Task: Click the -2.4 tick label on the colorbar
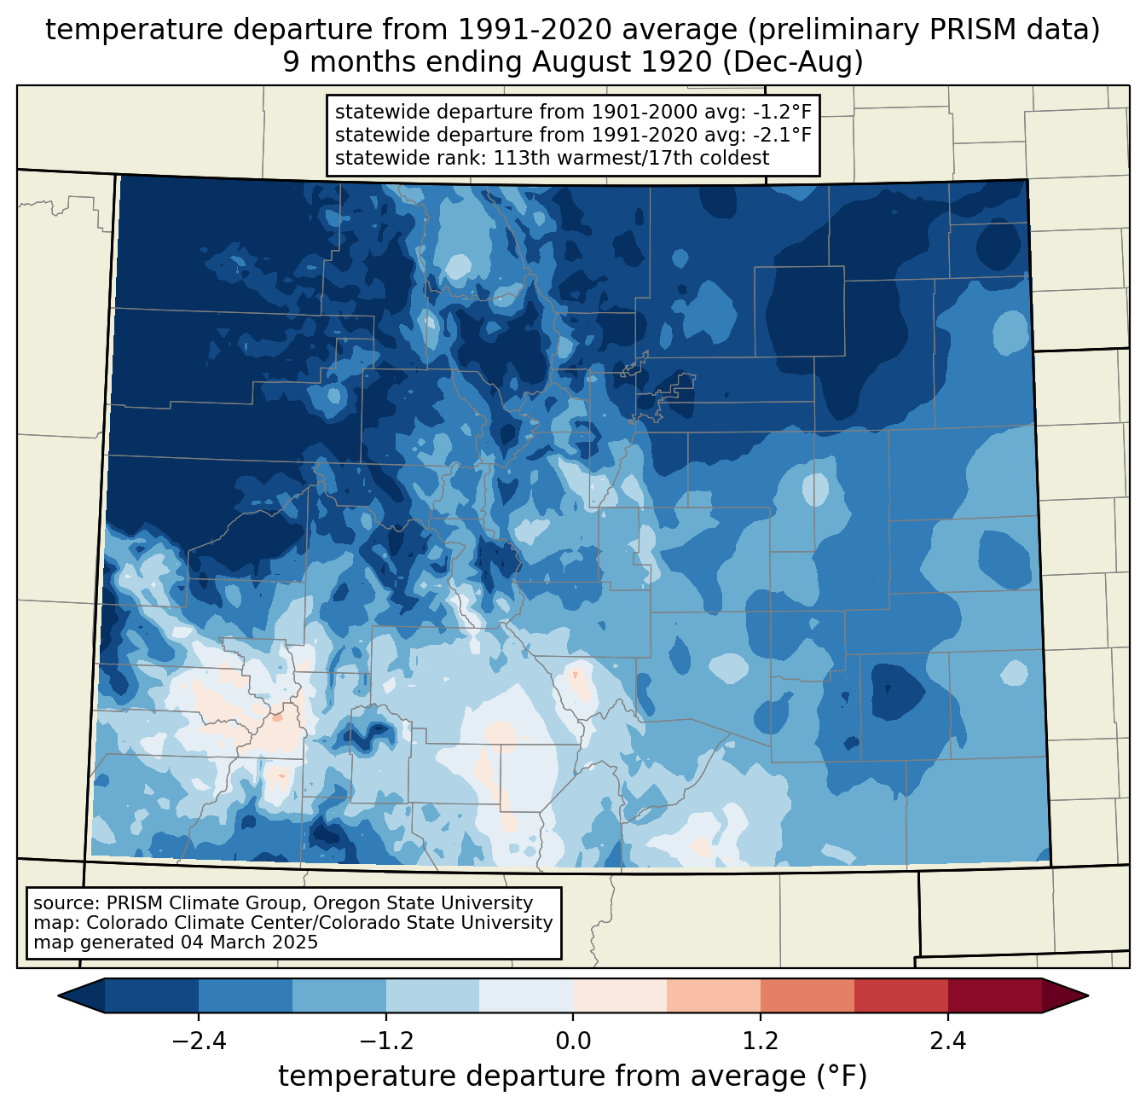(199, 1041)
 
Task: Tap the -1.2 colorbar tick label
(385, 1041)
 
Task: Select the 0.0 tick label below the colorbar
(573, 1041)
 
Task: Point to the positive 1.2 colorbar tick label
(761, 1041)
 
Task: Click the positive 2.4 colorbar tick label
(947, 1041)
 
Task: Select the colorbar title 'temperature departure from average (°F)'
(572, 1076)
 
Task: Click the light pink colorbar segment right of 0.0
(620, 995)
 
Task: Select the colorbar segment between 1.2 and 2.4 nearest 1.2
(807, 995)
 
